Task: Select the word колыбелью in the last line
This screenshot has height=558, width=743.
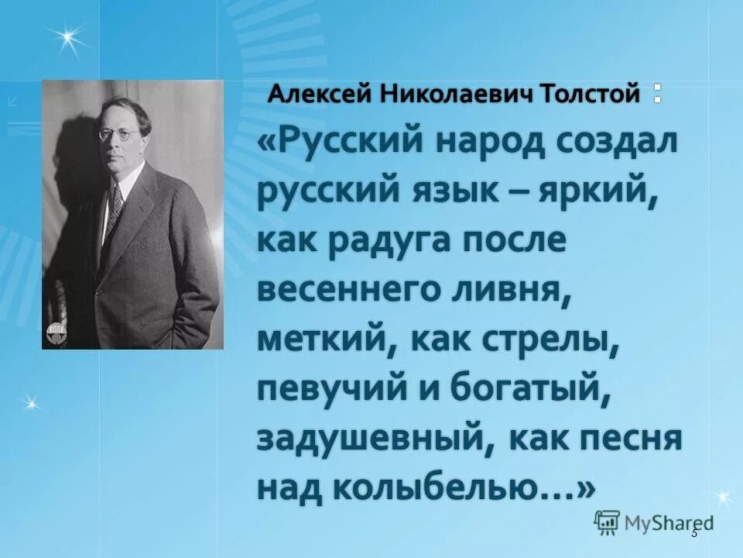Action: (442, 488)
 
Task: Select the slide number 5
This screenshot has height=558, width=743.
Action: (694, 532)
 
